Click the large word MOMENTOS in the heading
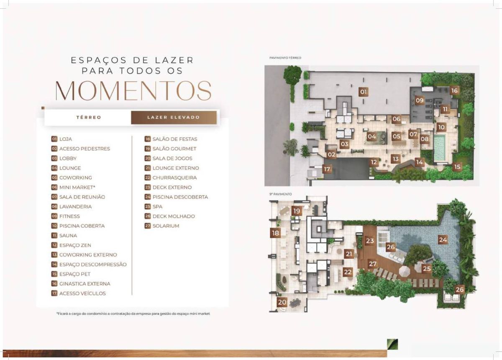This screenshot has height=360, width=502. pyautogui.click(x=133, y=90)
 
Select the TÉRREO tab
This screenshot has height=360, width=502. pyautogui.click(x=89, y=117)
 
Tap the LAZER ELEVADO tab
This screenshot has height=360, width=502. pyautogui.click(x=174, y=117)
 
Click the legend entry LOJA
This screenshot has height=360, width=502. pyautogui.click(x=61, y=139)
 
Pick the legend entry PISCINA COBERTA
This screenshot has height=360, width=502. pyautogui.click(x=78, y=226)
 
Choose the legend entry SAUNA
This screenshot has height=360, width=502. pyautogui.click(x=64, y=236)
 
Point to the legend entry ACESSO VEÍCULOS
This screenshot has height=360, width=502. pyautogui.click(x=79, y=293)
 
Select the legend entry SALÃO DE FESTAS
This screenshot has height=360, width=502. pyautogui.click(x=171, y=139)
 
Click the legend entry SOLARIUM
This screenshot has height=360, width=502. pyautogui.click(x=162, y=226)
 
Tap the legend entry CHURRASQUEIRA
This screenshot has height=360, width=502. pyautogui.click(x=171, y=177)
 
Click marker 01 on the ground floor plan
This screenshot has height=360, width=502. pyautogui.click(x=363, y=92)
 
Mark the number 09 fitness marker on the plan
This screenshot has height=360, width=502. pyautogui.click(x=420, y=100)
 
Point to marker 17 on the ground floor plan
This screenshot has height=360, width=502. pyautogui.click(x=327, y=169)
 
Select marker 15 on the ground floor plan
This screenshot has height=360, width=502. pyautogui.click(x=457, y=167)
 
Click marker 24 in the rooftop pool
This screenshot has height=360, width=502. pyautogui.click(x=443, y=240)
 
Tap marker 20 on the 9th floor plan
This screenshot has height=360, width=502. pyautogui.click(x=282, y=302)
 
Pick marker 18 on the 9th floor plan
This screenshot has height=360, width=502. pyautogui.click(x=275, y=233)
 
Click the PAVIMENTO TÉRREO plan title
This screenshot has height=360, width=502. pyautogui.click(x=285, y=58)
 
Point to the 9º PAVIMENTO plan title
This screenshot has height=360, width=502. pyautogui.click(x=281, y=194)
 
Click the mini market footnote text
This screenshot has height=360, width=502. pyautogui.click(x=133, y=314)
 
